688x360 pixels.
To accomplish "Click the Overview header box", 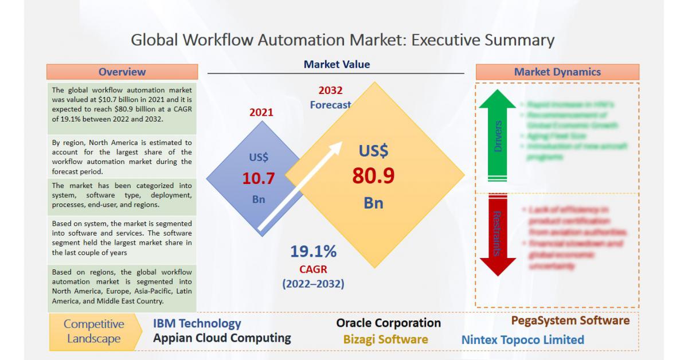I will coord(122,72).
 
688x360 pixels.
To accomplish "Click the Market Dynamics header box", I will coord(557,72).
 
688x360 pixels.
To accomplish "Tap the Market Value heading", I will coord(337,65).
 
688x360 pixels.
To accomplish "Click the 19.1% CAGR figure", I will coord(313,252).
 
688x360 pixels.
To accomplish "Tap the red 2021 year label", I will coord(261,112).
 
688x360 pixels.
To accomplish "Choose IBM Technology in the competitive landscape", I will coord(197,324).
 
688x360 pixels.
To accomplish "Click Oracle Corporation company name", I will coord(388,323).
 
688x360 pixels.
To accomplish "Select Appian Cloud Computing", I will coord(222,338).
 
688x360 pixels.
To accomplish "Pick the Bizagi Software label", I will coord(385,339).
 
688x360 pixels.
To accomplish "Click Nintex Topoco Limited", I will coord(522,340).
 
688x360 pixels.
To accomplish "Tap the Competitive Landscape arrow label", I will coord(92,331).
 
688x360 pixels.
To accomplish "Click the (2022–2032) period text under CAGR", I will coord(313,283).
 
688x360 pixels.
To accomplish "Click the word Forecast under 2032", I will coord(330,105).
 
